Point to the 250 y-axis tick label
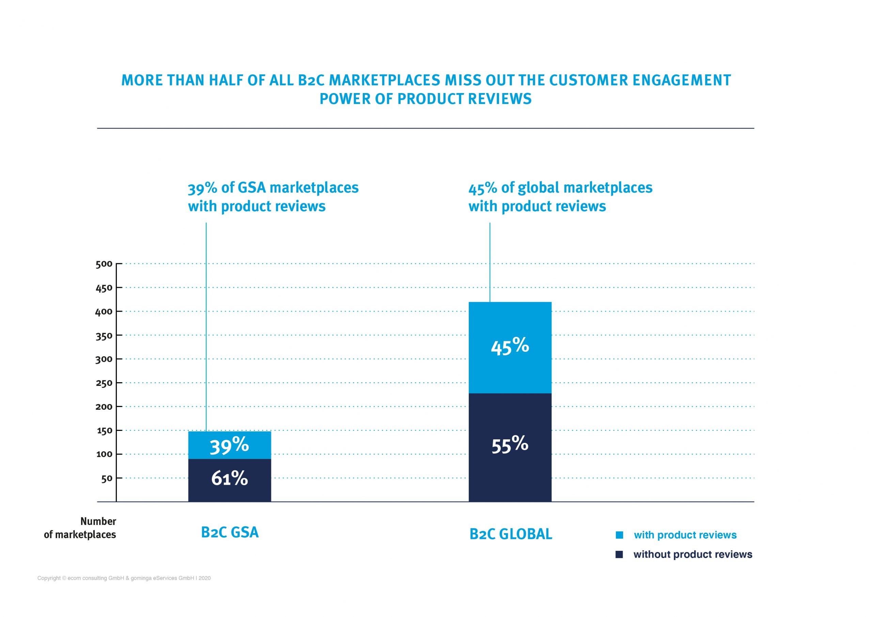105,383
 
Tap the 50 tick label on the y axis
107,478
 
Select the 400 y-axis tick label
105,311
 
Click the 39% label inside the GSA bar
229,446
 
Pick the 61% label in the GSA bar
229,478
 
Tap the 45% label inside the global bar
510,347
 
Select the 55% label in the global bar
510,445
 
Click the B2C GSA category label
230,532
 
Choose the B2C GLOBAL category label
511,534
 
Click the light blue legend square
619,535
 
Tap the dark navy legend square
619,555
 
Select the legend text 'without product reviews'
693,555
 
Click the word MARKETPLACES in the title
384,80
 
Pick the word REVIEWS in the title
499,99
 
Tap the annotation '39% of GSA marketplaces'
273,188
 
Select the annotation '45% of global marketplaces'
560,188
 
